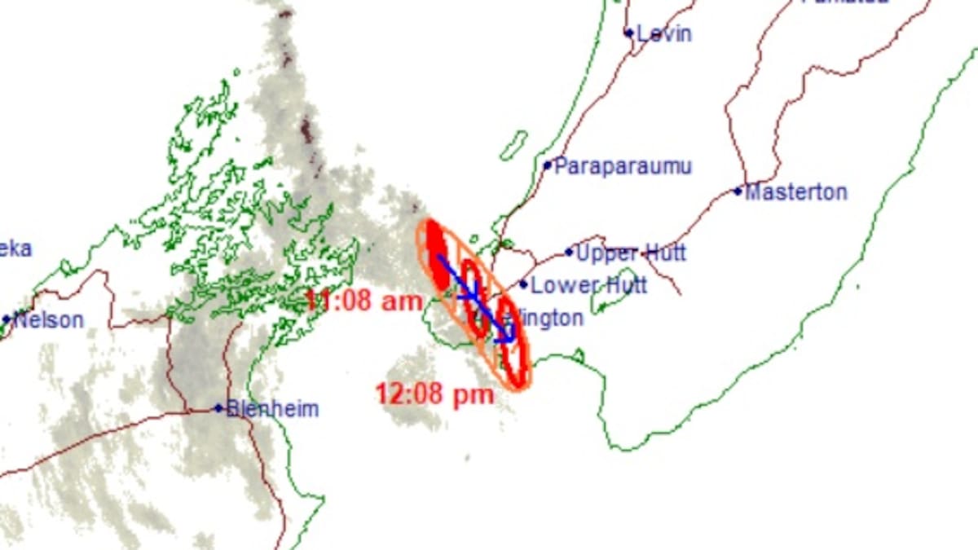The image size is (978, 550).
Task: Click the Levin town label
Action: pos(664,34)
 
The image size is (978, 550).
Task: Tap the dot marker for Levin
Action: pos(628,33)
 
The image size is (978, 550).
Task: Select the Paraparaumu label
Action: pos(623,167)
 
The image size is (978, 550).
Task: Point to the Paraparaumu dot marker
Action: pos(548,165)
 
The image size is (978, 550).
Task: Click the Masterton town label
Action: pos(796,193)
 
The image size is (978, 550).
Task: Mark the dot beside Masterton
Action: pos(738,191)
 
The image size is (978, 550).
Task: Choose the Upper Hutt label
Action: pos(631,253)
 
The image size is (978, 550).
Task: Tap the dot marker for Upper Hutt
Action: pos(569,253)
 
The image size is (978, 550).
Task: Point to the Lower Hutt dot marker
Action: pos(523,285)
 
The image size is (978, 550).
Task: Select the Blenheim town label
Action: pos(272,409)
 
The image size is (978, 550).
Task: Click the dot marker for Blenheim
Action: pos(218,408)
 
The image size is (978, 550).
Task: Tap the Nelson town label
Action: pos(49,320)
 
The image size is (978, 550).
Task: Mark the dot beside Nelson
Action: pos(7,319)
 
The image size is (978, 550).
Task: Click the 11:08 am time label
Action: pos(364,301)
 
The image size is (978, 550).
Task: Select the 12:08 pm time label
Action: pos(435,395)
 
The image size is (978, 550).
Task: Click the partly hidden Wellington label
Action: pos(548,319)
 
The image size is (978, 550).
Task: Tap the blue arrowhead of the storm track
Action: pos(507,336)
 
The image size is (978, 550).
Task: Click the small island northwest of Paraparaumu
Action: pos(513,145)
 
